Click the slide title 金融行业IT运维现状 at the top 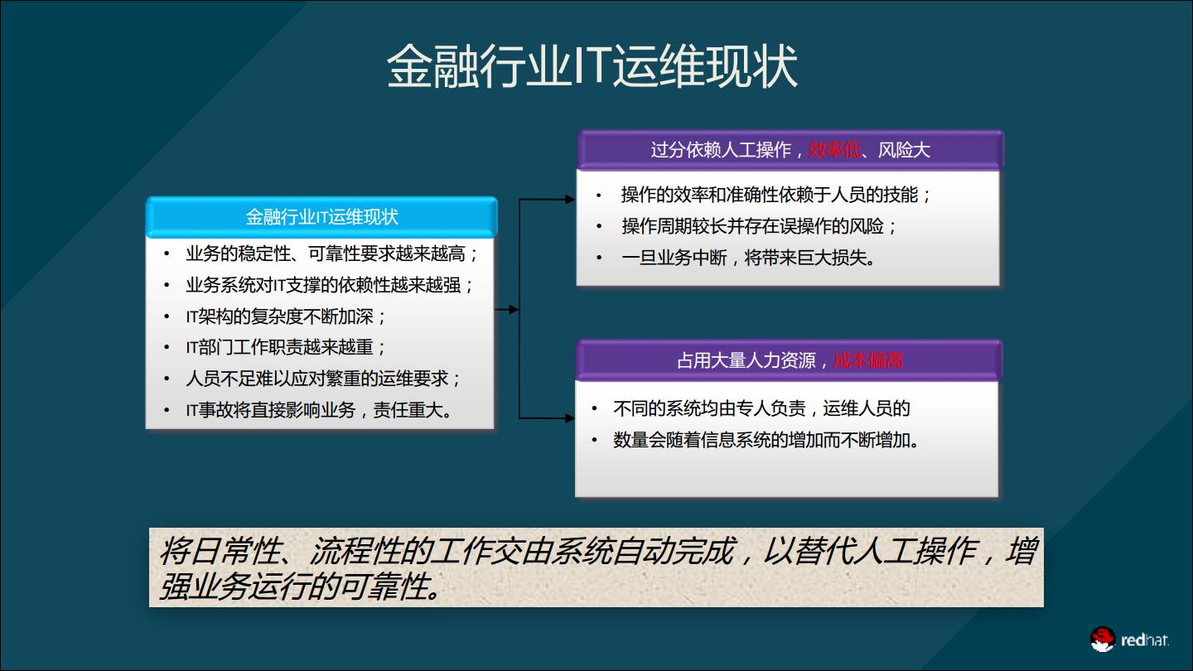(592, 68)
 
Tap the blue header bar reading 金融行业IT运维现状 (321, 217)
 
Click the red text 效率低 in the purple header (834, 150)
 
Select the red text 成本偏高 (867, 360)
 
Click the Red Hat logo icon (1103, 640)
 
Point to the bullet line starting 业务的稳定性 (331, 253)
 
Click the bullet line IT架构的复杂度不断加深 (286, 316)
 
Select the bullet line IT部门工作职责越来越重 (286, 347)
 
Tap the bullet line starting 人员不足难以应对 (323, 379)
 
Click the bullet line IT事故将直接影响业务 (320, 410)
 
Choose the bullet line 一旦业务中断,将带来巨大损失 (748, 258)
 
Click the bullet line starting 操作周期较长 (759, 226)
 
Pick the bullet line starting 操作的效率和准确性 (776, 195)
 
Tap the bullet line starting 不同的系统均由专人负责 (761, 408)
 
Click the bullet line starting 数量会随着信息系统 (766, 440)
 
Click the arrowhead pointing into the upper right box (570, 200)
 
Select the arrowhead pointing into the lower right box (569, 418)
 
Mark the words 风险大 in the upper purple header (904, 150)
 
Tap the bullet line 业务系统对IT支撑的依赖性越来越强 (330, 285)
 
